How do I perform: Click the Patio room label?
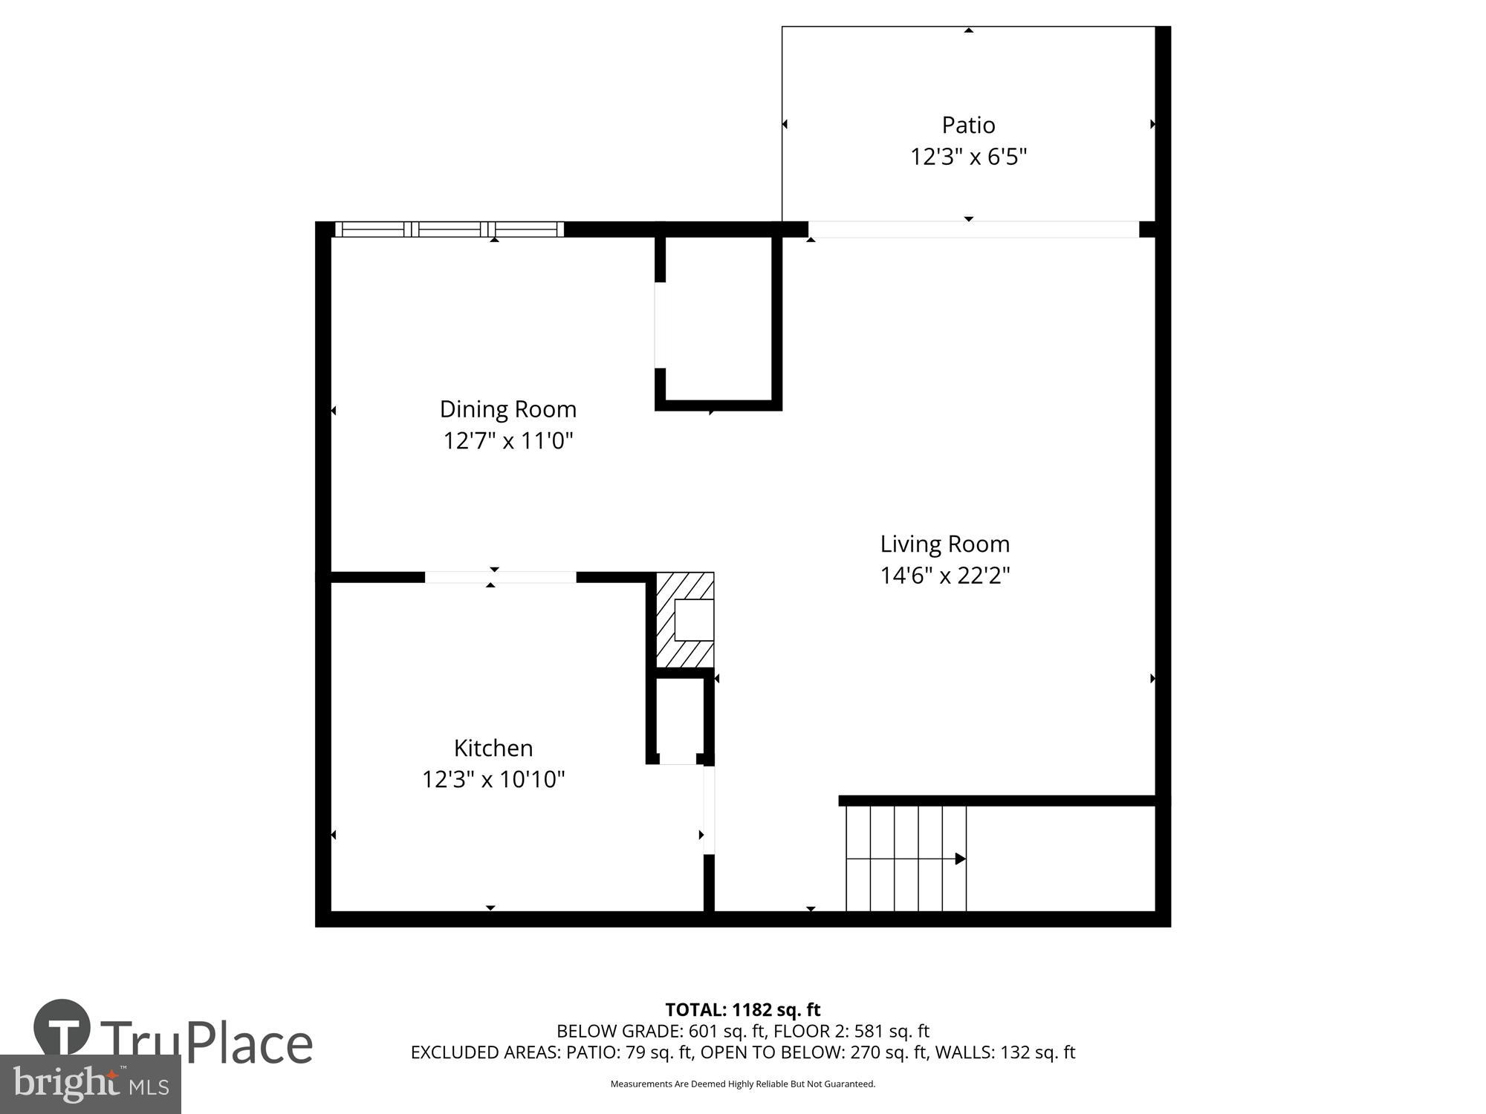coord(968,125)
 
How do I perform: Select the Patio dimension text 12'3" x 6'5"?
coord(968,157)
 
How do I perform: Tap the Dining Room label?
coord(507,409)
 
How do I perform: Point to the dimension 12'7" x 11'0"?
coord(507,441)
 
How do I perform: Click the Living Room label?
coord(944,544)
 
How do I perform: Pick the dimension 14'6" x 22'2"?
coord(944,576)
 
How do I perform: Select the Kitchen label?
coord(493,747)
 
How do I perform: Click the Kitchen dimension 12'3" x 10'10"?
coord(493,779)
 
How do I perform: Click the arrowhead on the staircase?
coord(959,859)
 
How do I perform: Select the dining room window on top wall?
coord(450,229)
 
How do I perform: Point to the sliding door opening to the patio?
coord(973,229)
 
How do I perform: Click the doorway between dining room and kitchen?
coord(500,577)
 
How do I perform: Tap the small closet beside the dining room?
coord(718,319)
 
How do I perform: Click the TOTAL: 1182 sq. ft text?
coord(742,1010)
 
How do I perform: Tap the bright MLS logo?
coord(91,1084)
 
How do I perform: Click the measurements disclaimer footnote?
coord(742,1084)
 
